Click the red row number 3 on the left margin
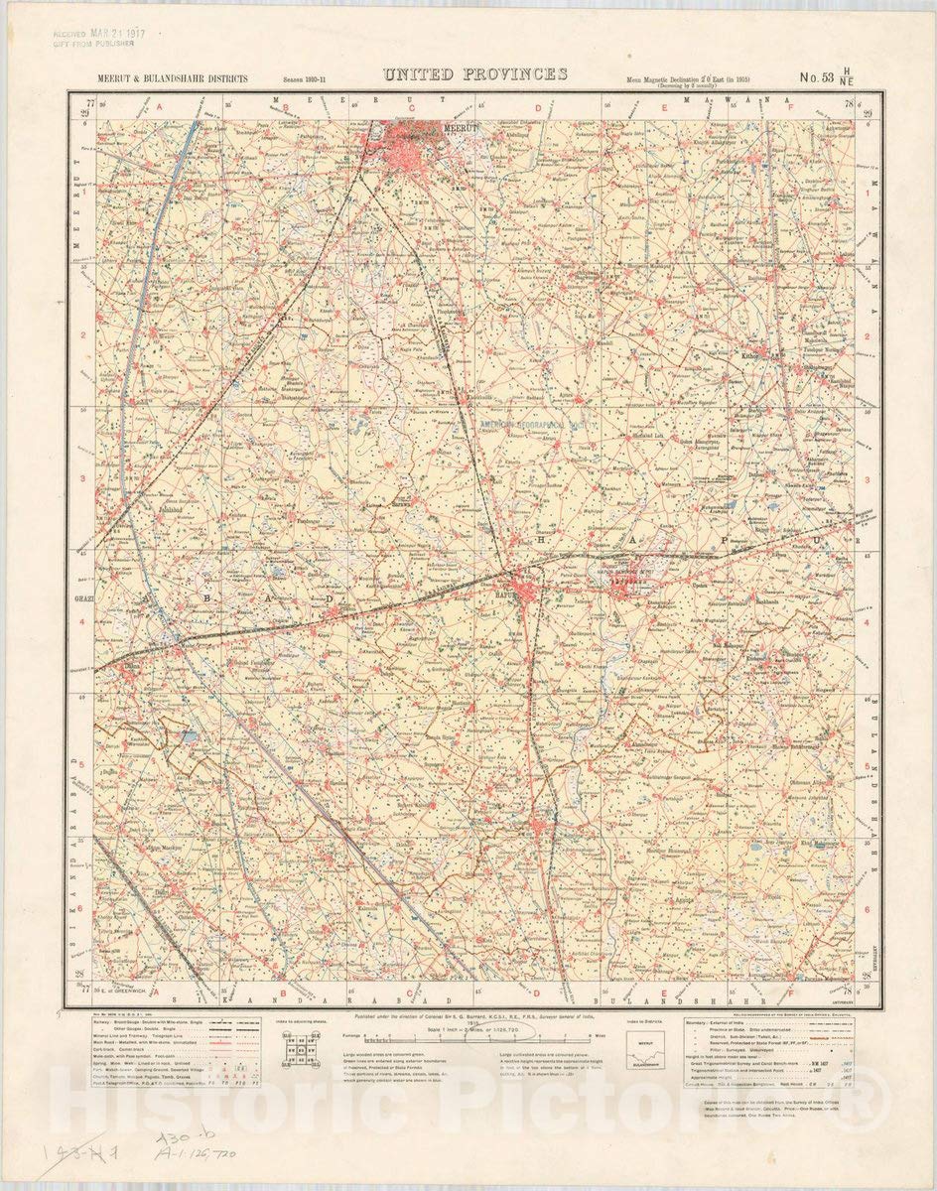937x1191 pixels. [x=84, y=478]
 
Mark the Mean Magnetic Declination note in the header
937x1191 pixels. [x=686, y=79]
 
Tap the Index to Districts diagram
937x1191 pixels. [x=647, y=1047]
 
